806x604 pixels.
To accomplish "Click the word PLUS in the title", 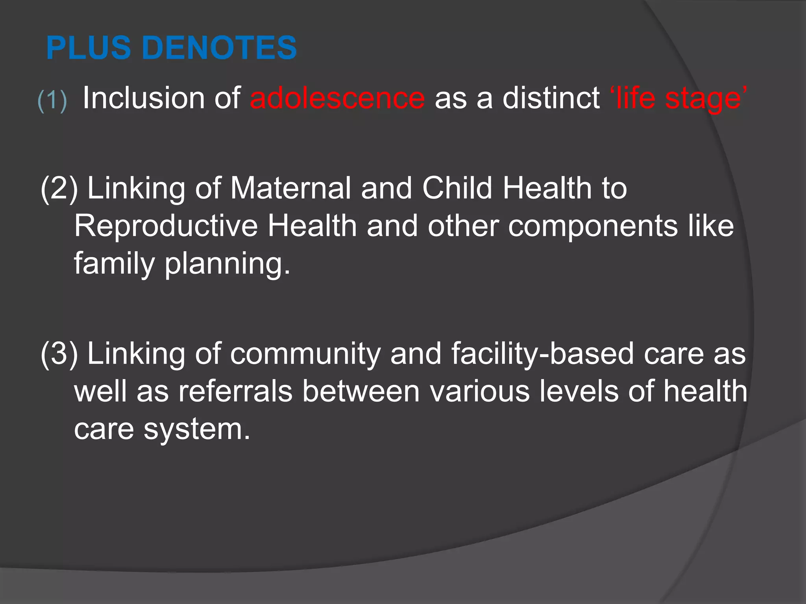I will coord(89,48).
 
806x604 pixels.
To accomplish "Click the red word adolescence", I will coord(337,98).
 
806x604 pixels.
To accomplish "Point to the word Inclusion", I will coord(143,98).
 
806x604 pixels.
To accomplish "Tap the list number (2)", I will coord(59,188).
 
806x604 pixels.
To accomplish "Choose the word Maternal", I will coord(290,188).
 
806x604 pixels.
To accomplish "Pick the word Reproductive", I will coord(166,226).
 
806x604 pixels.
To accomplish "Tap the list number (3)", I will coord(59,354).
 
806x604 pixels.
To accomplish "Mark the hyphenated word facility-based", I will coord(542,354).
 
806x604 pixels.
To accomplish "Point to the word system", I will coord(197,430).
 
